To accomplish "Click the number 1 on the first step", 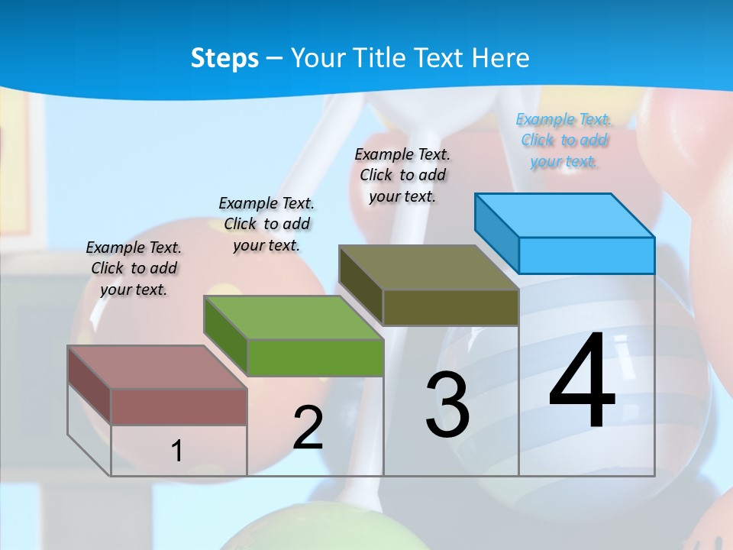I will [x=177, y=451].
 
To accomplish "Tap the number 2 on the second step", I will [x=308, y=428].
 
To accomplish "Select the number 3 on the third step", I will [x=447, y=406].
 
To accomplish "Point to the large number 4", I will [x=583, y=381].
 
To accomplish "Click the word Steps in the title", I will [x=224, y=58].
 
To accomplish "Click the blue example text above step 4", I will [x=564, y=140].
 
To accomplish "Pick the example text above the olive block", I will [x=402, y=175].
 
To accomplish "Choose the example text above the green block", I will [x=266, y=224].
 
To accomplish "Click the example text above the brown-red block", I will [x=134, y=268].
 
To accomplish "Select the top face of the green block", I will [x=293, y=317].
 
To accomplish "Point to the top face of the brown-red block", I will [x=157, y=367].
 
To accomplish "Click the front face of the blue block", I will [x=586, y=255].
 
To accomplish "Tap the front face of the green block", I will [x=315, y=357].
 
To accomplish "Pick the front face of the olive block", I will [x=450, y=307].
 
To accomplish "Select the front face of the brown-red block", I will [x=179, y=406].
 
